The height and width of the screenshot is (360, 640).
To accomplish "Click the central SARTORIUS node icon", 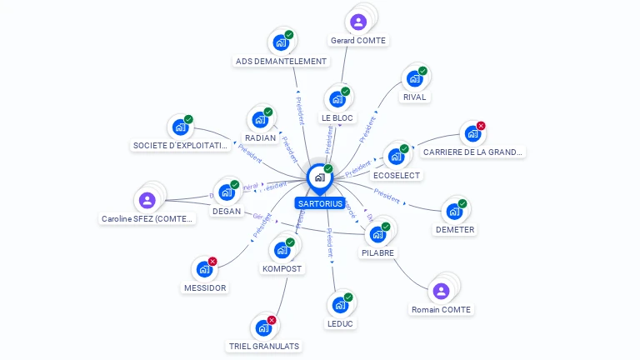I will point(319,177).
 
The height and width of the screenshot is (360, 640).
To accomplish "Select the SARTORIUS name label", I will point(320,203).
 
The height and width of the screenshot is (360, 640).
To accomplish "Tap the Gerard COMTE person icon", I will point(358,22).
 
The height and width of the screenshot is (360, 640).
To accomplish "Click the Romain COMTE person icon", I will point(441,291).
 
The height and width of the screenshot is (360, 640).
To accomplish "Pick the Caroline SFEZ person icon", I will point(147,200).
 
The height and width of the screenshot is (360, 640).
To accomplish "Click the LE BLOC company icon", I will point(337,99).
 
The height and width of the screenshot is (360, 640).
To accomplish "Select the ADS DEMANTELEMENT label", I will point(281,61).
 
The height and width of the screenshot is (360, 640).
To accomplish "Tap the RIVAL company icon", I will point(414,79).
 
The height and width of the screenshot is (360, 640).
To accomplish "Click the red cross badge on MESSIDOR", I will point(212,262).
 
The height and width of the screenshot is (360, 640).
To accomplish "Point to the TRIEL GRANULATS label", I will point(264,345).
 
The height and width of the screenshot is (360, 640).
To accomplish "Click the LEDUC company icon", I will point(340,304).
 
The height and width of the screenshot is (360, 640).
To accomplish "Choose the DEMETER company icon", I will point(454,211).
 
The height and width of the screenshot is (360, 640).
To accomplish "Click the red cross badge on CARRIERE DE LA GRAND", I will point(481,126).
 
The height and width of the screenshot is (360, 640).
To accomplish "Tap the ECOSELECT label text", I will point(397,175).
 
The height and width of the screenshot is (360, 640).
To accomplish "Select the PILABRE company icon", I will point(378,234).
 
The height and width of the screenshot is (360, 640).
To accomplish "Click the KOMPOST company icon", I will point(282,250).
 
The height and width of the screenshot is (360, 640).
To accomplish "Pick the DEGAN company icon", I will point(226,192).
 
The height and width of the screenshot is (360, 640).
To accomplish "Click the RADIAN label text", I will point(260,137).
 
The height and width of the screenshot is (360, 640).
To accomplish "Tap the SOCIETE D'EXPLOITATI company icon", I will point(180,127).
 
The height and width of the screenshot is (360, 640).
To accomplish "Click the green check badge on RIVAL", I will point(422,71).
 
